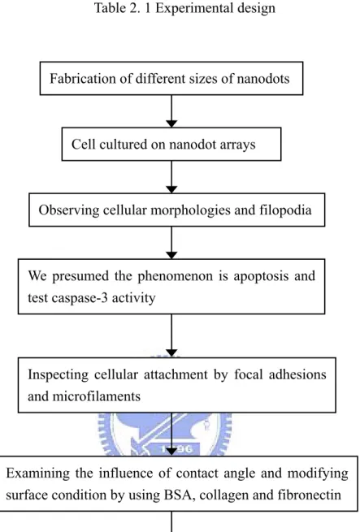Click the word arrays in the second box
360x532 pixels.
(237, 145)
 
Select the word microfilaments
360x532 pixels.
(97, 396)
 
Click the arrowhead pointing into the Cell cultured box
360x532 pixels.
(171, 123)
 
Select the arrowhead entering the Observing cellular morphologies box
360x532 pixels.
(171, 189)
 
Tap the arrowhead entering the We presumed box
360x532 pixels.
(171, 255)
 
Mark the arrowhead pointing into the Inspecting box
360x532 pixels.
(171, 353)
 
